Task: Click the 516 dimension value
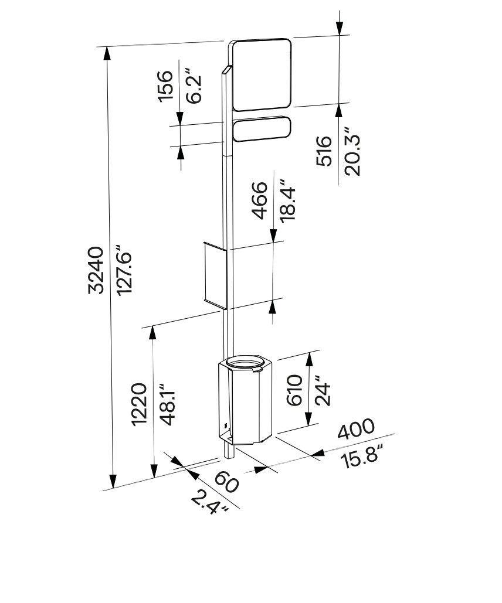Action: [324, 151]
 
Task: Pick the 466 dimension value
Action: [259, 200]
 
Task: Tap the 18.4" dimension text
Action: [287, 200]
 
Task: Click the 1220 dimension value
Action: [138, 404]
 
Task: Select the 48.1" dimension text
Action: [167, 404]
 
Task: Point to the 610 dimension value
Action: [294, 390]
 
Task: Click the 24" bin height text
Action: [322, 390]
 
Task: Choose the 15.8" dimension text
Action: [364, 456]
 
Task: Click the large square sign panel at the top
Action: [262, 74]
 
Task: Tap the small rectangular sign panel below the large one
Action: [262, 129]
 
